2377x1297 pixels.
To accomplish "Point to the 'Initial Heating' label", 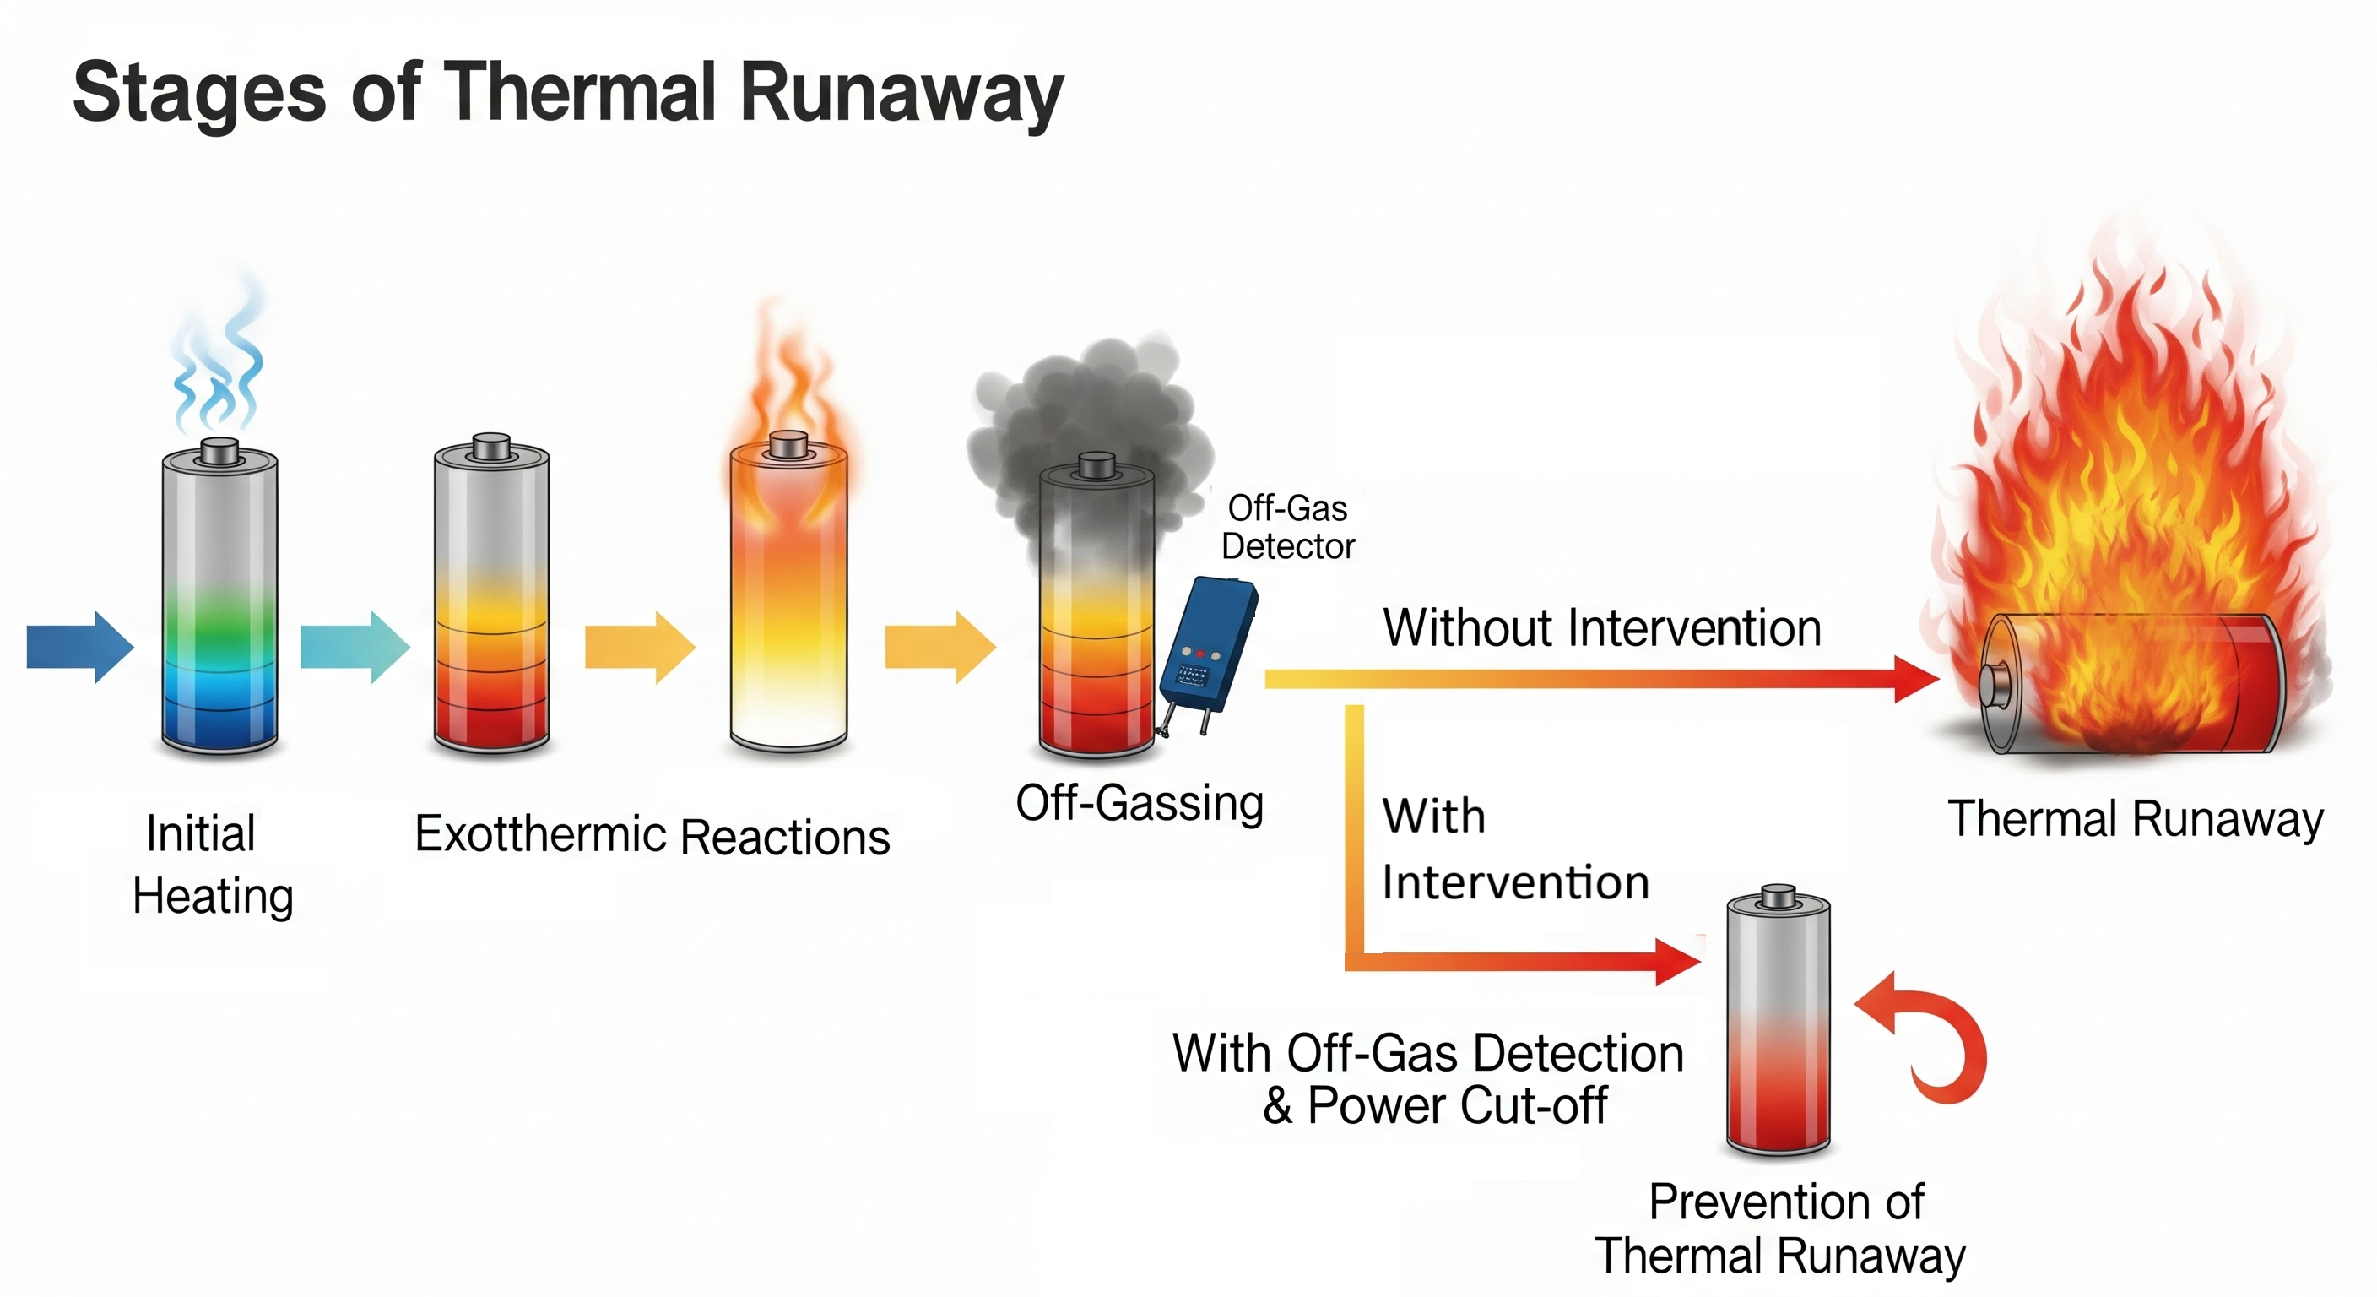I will tap(211, 864).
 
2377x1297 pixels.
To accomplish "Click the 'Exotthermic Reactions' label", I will tap(652, 836).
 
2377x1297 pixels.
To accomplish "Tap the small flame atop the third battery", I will tap(787, 388).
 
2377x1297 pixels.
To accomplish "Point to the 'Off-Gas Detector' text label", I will tap(1288, 527).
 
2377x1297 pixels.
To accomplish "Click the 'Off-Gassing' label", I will tap(1140, 803).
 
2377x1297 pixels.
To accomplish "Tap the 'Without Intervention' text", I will tap(1602, 628).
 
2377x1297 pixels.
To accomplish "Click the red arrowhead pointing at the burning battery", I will tap(1914, 680).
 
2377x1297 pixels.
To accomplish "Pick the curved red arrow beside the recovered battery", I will tap(1933, 1039).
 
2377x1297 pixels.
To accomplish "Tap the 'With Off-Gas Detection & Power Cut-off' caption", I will tap(1428, 1079).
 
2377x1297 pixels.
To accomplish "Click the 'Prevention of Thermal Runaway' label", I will tap(1781, 1229).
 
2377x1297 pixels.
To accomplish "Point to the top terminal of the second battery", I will tap(491, 445).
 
